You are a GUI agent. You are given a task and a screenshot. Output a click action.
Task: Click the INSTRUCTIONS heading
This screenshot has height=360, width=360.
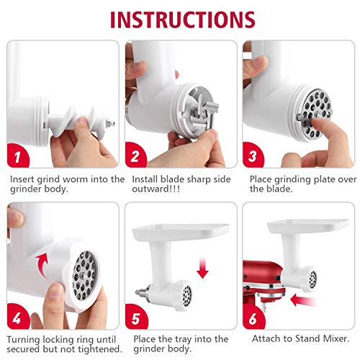[179, 19]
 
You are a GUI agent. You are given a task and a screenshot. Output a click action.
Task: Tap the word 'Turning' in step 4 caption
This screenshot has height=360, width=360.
[27, 339]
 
